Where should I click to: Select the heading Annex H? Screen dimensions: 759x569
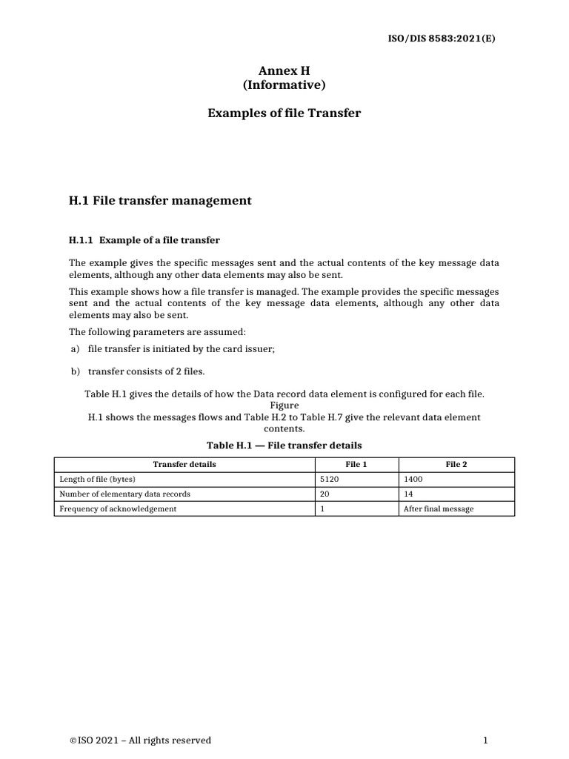(284, 70)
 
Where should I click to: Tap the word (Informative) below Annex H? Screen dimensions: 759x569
(284, 85)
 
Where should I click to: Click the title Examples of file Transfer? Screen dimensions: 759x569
(284, 113)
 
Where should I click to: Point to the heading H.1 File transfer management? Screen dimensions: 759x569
(160, 200)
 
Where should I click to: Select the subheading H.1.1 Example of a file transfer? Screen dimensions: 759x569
(144, 240)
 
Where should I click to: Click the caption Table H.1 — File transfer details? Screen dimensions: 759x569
(284, 445)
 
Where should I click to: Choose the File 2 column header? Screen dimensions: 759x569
(456, 464)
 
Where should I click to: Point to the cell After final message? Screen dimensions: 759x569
(438, 509)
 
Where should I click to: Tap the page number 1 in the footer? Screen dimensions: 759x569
(485, 740)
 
